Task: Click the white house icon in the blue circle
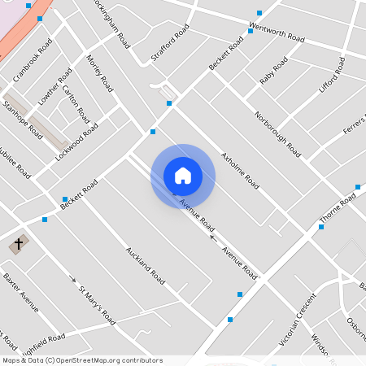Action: coord(183,175)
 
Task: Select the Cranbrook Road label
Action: coord(32,59)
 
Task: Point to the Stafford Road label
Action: coord(169,42)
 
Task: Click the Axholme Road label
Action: coord(240,169)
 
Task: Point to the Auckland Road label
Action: coord(146,265)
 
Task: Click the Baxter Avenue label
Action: coord(20,292)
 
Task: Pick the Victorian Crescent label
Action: coord(297,319)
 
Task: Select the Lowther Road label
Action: coord(48,85)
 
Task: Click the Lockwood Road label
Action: coord(76,139)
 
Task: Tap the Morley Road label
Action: coord(99,72)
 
